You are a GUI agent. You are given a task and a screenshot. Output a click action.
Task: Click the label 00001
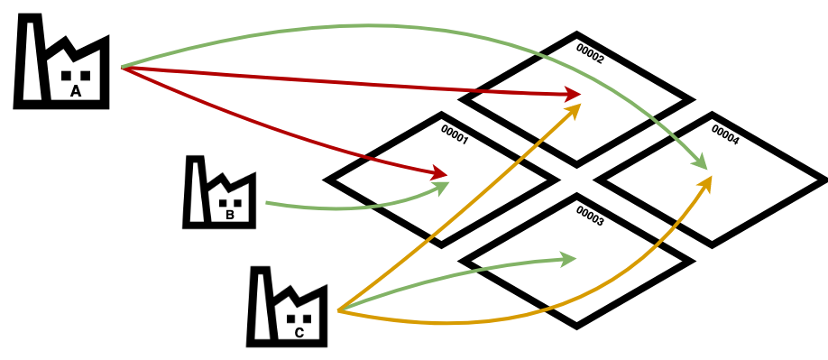[454, 134]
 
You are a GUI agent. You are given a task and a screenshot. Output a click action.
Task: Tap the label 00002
[589, 54]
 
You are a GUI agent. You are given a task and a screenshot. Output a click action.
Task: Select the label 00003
[589, 217]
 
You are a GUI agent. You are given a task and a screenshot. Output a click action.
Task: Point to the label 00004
[724, 134]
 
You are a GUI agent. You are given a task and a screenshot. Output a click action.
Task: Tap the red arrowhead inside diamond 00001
[440, 172]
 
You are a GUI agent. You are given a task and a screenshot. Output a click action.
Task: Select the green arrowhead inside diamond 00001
[442, 187]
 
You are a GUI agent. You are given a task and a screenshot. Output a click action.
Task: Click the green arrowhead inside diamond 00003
[569, 260]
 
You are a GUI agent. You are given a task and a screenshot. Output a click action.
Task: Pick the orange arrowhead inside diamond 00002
[574, 110]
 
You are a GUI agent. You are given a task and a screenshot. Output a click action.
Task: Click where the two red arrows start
[123, 67]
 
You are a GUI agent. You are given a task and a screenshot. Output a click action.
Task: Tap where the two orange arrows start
[339, 310]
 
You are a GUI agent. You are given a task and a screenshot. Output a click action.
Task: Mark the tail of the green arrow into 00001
[267, 203]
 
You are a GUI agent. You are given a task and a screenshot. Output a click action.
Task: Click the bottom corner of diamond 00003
[576, 321]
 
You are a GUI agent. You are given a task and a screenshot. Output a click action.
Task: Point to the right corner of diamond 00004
[817, 180]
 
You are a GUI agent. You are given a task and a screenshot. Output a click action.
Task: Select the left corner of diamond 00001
[336, 180]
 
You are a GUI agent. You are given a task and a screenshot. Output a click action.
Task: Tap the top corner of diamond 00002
[576, 39]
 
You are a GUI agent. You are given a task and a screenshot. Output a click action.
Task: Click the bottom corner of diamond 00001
[441, 240]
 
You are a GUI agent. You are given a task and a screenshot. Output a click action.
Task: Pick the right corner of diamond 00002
[682, 99]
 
